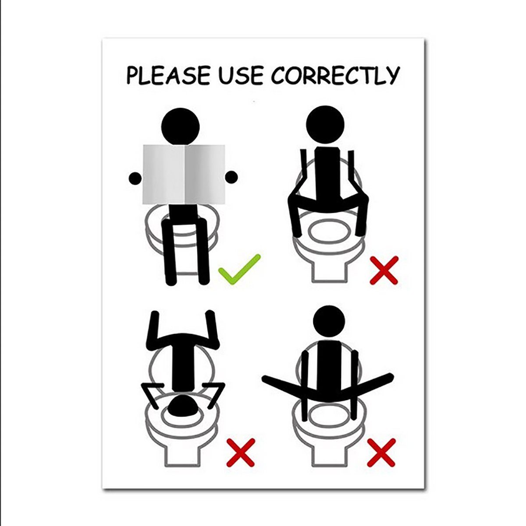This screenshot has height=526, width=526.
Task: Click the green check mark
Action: click(x=239, y=270)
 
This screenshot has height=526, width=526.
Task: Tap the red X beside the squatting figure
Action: click(x=384, y=270)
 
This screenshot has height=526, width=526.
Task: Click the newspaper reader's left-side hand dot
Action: click(x=135, y=178)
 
